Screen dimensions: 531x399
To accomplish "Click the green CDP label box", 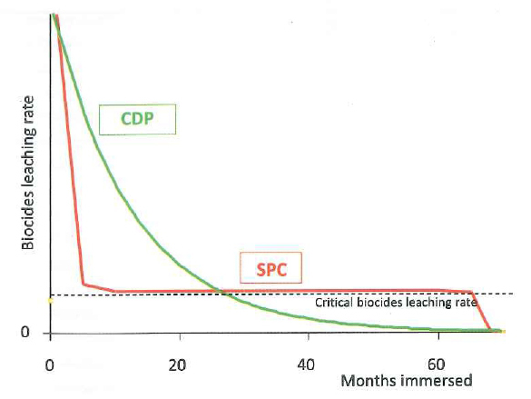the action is point(137,119).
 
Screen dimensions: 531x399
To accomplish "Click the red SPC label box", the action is point(270,268).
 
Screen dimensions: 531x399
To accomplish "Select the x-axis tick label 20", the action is point(177,365).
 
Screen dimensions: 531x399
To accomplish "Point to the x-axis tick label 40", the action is point(306,365).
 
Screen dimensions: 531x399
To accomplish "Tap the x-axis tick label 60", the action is point(436,364).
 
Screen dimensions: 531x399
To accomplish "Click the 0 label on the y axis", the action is point(25,332).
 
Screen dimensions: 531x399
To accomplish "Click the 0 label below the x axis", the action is point(49,365).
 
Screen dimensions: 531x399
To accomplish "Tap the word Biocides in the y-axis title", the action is point(28,223).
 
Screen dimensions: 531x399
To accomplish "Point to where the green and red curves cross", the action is point(221,291).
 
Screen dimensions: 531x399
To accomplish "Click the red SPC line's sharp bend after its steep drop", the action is point(83,284).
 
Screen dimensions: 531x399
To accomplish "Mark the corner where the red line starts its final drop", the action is point(471,292).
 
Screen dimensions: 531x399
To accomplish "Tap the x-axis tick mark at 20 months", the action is point(180,336).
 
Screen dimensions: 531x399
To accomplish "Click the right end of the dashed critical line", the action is point(514,294).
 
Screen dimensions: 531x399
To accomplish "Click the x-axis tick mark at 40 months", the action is point(309,336).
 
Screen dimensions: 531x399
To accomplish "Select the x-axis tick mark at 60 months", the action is point(438,336).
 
